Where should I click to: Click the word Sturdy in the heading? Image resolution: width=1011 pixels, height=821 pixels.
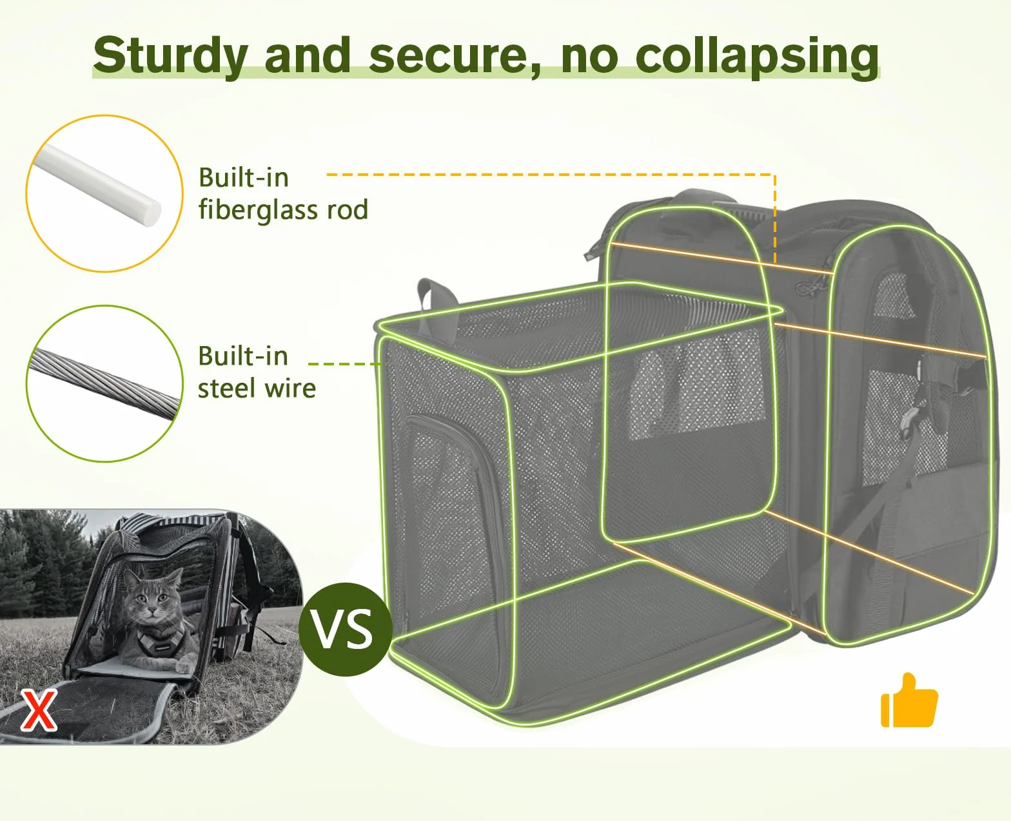pos(171,57)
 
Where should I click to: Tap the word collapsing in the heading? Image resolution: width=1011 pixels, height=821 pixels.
pos(757,58)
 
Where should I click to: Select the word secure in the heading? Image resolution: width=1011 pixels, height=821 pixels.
pos(454,58)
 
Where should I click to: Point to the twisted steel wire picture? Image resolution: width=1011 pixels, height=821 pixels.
pos(104,384)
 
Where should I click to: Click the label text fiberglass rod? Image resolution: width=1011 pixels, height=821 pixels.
pos(283,210)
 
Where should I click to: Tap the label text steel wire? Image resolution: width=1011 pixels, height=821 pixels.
pos(257,389)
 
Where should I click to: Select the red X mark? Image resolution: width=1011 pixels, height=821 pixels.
pos(39,710)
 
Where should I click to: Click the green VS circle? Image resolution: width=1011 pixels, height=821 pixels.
pos(346,630)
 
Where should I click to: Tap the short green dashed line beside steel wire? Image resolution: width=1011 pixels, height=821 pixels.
pos(345,364)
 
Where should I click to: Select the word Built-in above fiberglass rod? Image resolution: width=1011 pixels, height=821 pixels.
pos(244,178)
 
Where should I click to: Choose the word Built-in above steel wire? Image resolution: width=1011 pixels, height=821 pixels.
pos(243,356)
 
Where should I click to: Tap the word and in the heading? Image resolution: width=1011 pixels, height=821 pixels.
pos(308,57)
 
